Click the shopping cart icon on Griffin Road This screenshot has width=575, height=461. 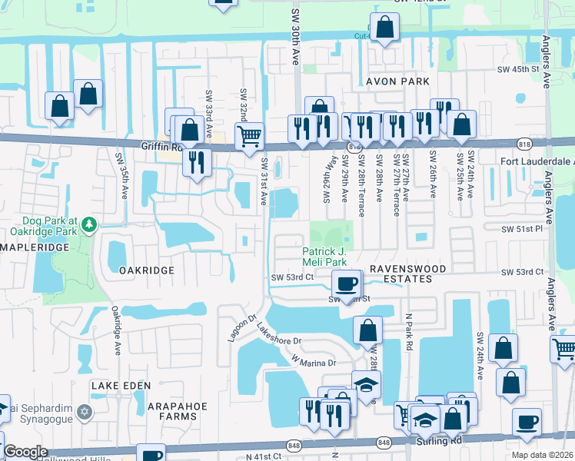click(x=249, y=137)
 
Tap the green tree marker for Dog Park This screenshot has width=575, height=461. click(x=91, y=224)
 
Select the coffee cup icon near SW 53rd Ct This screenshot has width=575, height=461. click(x=347, y=283)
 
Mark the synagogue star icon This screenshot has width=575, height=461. click(x=85, y=413)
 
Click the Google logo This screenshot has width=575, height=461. click(x=25, y=452)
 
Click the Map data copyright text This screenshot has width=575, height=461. click(x=543, y=455)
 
